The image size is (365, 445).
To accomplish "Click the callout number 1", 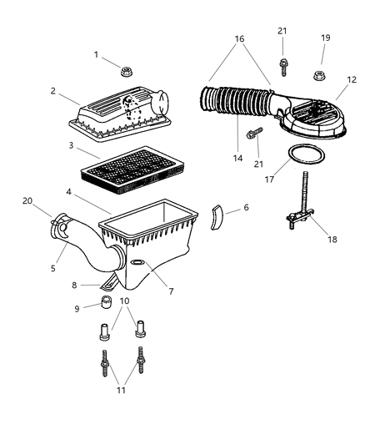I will tap(97, 55).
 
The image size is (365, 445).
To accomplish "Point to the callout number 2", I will tap(52, 91).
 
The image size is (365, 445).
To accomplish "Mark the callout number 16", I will tap(239, 38).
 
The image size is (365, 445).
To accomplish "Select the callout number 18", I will tap(332, 240).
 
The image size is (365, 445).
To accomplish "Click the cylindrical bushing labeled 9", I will tap(107, 302).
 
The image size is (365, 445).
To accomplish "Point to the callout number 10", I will tap(124, 301).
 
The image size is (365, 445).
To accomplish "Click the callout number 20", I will tap(27, 200).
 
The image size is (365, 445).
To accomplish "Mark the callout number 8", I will tap(72, 286).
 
